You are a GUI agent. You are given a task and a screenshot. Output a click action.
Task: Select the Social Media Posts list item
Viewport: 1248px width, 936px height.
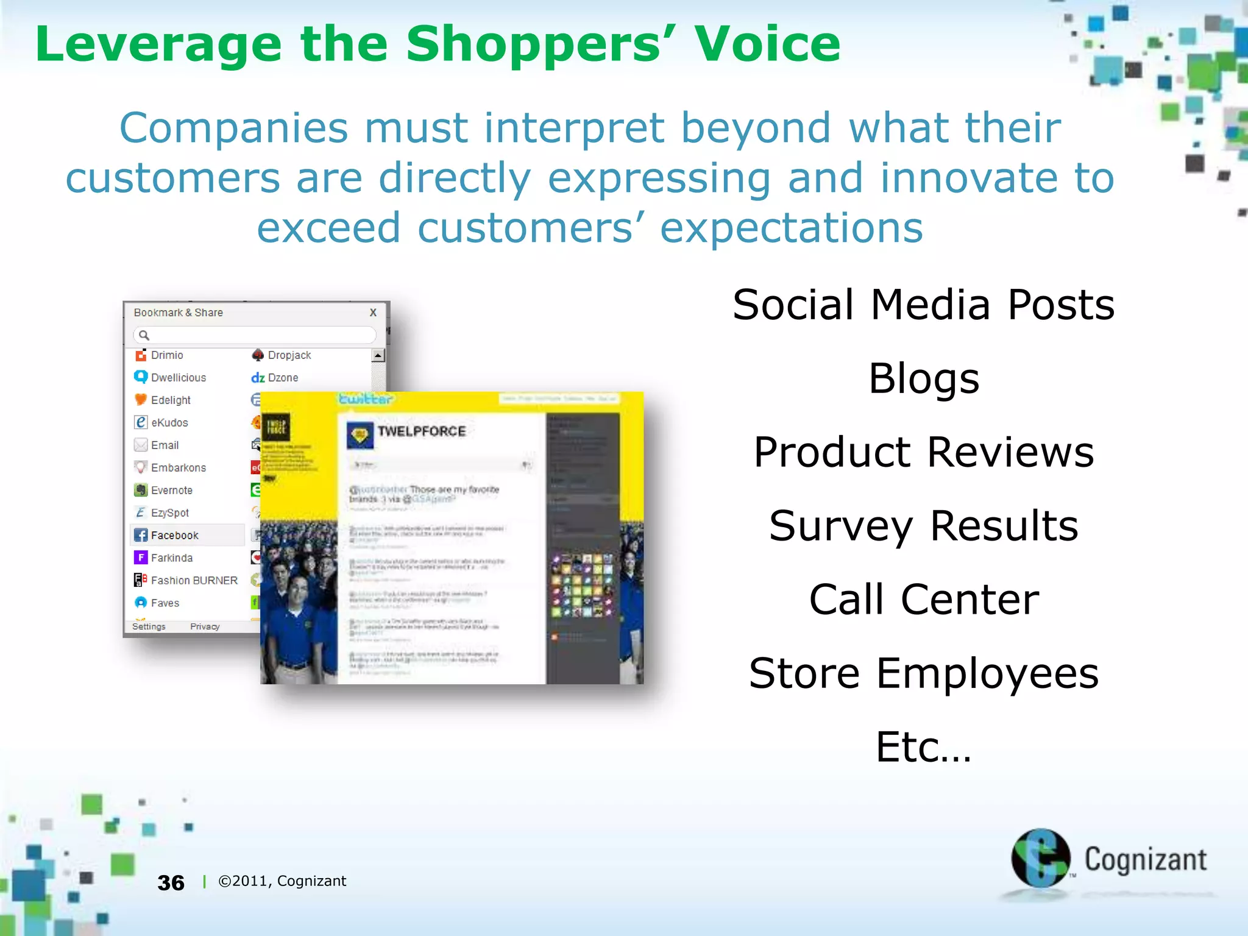923,305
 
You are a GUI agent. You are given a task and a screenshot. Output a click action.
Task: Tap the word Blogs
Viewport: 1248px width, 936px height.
923,378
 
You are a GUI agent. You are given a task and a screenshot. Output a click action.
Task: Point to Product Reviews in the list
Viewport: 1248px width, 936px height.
923,452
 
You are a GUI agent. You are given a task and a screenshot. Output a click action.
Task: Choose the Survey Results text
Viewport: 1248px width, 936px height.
923,526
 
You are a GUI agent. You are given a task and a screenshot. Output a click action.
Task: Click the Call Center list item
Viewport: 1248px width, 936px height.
923,600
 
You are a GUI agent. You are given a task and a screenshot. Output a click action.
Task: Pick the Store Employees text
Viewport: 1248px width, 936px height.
923,673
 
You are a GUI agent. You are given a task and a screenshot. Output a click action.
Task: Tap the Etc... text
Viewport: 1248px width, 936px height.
923,747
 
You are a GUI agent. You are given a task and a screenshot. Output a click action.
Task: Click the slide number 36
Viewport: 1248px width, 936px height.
171,882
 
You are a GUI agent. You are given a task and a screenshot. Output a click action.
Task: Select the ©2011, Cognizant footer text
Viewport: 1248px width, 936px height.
282,881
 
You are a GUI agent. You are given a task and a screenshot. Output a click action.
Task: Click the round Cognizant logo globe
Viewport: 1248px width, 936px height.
1040,858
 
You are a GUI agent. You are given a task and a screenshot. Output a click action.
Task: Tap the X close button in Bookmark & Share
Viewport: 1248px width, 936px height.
373,313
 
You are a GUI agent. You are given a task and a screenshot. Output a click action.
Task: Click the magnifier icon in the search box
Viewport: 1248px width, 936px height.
144,335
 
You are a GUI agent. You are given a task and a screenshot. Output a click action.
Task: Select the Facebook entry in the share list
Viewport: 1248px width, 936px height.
174,535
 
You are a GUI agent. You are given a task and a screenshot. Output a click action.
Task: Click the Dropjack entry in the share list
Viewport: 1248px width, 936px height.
288,355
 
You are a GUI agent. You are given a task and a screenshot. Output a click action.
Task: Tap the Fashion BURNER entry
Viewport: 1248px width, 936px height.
193,580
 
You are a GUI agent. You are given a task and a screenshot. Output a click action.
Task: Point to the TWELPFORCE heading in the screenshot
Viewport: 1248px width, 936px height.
421,431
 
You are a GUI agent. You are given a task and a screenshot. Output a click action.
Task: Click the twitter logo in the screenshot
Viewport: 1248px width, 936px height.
366,399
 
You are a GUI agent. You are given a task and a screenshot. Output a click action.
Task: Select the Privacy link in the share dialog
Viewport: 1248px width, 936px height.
205,626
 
